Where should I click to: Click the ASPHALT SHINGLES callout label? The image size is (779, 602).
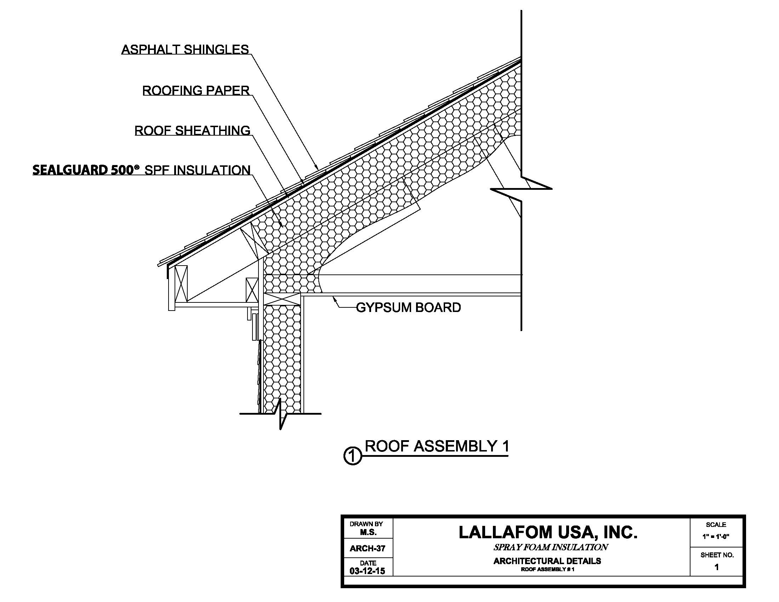click(x=185, y=50)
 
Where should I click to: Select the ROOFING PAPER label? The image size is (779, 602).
click(x=196, y=91)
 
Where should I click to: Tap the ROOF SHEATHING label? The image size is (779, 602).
click(x=192, y=131)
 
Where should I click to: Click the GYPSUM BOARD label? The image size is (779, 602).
click(x=408, y=307)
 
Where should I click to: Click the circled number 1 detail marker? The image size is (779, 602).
click(x=352, y=456)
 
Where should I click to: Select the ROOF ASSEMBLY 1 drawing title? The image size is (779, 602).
click(x=437, y=446)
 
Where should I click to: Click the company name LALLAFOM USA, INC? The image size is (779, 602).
click(x=547, y=532)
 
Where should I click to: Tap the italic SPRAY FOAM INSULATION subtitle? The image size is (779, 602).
click(x=550, y=547)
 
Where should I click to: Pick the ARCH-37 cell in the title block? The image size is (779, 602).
click(x=368, y=549)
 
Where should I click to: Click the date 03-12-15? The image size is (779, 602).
click(x=368, y=571)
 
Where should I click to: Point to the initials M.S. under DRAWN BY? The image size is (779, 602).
click(x=368, y=533)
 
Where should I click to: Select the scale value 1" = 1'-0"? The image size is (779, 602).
click(x=716, y=536)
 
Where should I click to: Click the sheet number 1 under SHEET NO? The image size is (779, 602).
click(x=717, y=567)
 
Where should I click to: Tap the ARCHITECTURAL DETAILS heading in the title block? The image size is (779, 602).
click(x=547, y=561)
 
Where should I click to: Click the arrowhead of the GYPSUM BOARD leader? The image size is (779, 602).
click(x=334, y=298)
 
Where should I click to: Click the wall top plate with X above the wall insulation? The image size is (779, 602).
click(x=283, y=299)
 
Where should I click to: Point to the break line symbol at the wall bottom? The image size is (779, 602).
click(x=281, y=414)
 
